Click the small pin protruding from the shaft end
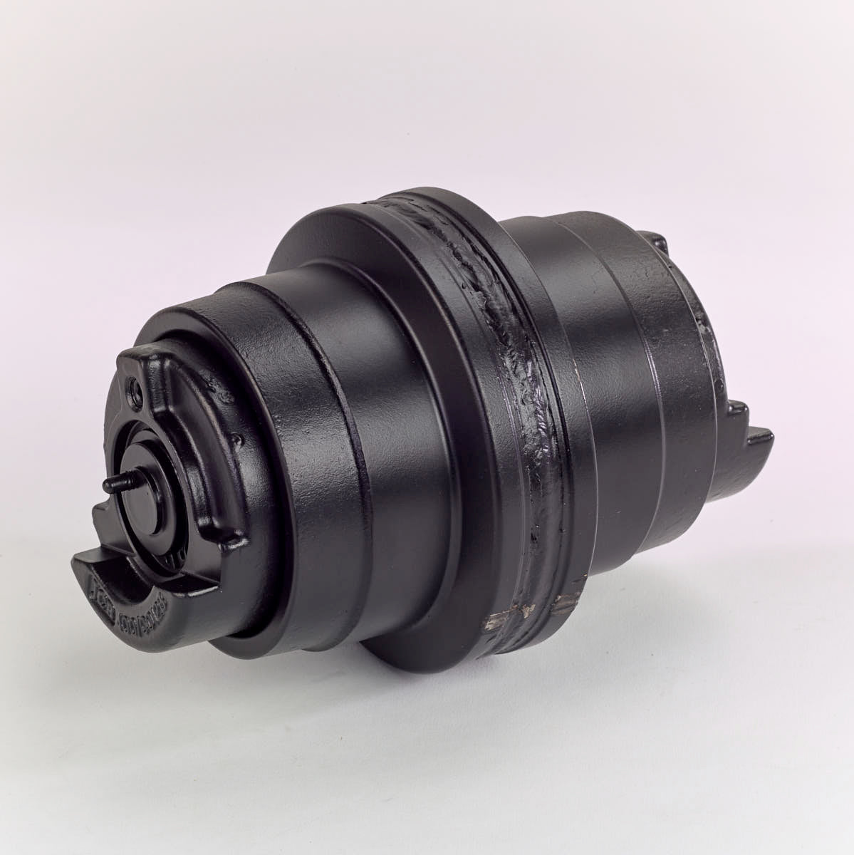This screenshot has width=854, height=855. coord(113,484)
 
